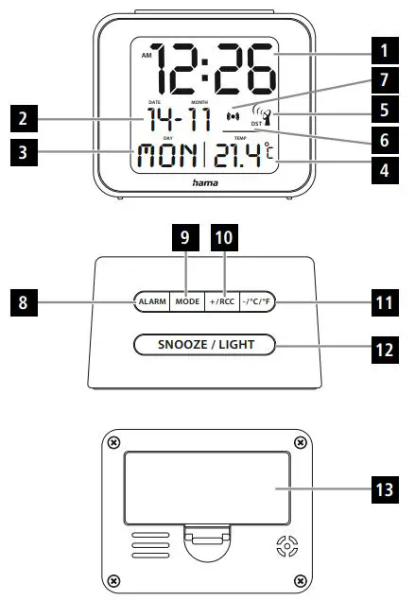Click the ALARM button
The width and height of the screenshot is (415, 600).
[x=152, y=301]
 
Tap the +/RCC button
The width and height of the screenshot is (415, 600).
[x=219, y=301]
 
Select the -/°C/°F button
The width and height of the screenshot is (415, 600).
[x=257, y=301]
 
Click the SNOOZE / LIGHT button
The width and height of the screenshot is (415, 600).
[x=205, y=344]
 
